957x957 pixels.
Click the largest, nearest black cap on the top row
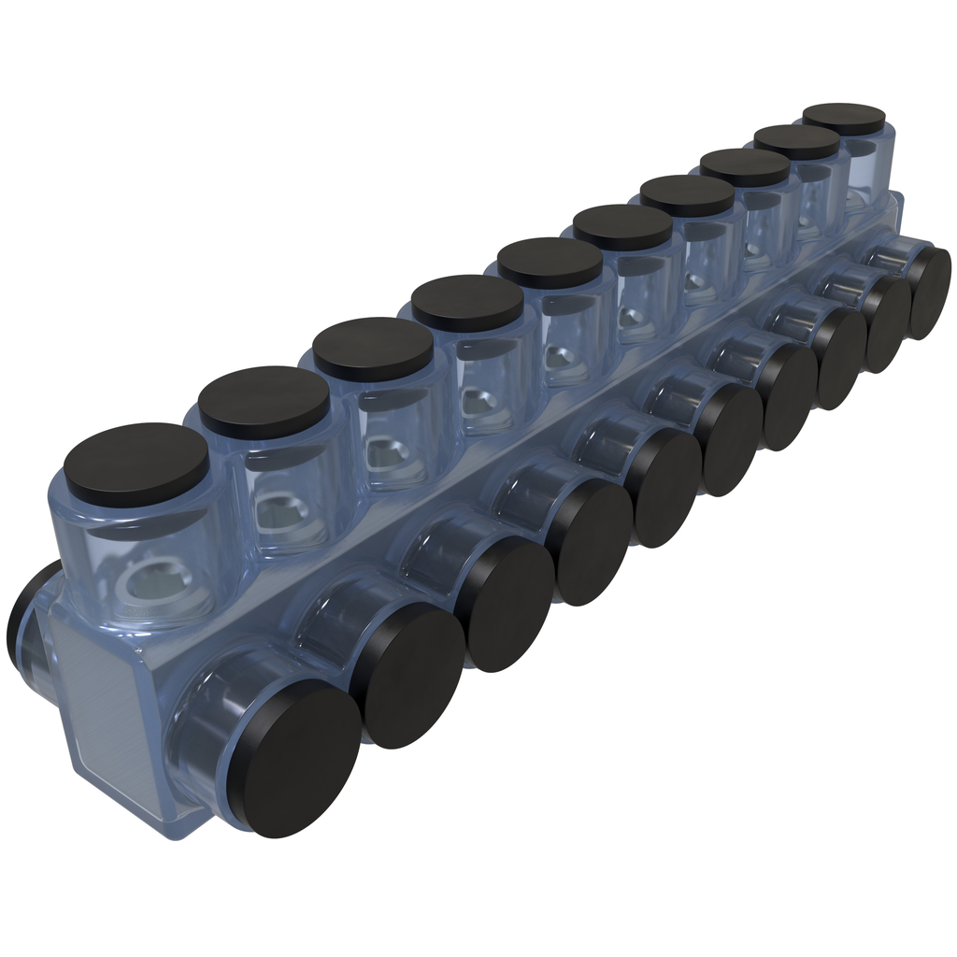pos(136,464)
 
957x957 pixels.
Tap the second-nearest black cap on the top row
pos(264,402)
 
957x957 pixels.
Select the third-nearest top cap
pos(373,349)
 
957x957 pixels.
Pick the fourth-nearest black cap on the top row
pos(466,302)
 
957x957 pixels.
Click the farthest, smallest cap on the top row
pos(844,118)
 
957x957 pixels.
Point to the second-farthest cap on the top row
pos(796,141)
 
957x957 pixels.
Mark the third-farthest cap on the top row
pos(745,166)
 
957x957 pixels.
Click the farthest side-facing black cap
pos(929,279)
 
